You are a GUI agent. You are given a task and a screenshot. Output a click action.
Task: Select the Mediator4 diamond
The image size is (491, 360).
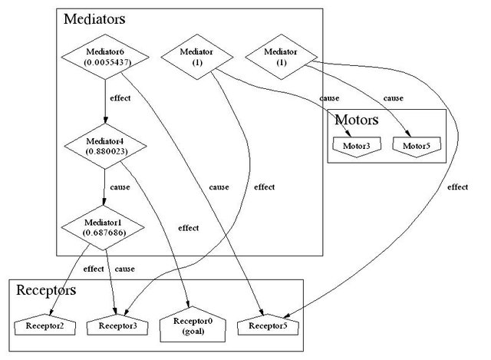105,145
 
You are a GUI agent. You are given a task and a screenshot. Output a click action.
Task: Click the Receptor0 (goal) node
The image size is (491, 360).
192,327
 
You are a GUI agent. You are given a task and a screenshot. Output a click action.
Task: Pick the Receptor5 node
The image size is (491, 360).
266,325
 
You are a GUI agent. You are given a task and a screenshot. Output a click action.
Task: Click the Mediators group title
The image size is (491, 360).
94,18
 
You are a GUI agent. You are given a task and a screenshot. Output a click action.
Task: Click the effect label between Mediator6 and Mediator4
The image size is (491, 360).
120,98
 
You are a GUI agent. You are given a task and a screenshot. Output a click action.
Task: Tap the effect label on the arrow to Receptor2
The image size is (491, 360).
94,269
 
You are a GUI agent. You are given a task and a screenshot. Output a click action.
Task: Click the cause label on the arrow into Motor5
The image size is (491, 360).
393,98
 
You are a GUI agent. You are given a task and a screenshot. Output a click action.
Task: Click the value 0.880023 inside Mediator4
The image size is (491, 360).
105,151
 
